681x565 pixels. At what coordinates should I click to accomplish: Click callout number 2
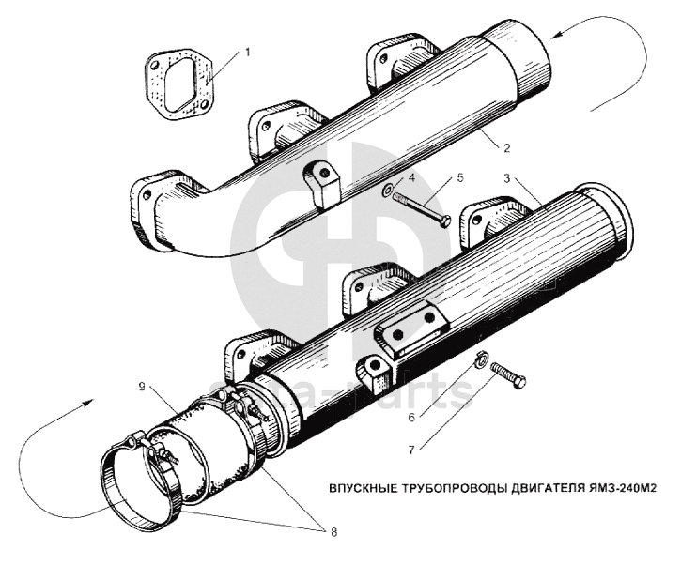tap(505, 147)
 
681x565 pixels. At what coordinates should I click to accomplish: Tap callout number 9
tap(140, 386)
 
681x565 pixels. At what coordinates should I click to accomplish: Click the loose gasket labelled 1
tap(178, 87)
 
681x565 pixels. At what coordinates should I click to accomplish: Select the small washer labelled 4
tap(389, 193)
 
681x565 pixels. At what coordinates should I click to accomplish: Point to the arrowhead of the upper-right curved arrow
tap(557, 35)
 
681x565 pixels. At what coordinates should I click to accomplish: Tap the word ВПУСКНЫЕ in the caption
tap(361, 488)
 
